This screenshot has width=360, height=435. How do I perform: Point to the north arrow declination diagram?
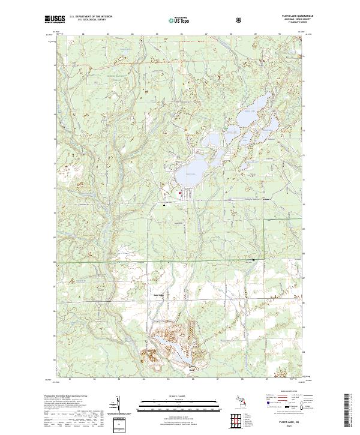coord(122,405)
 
